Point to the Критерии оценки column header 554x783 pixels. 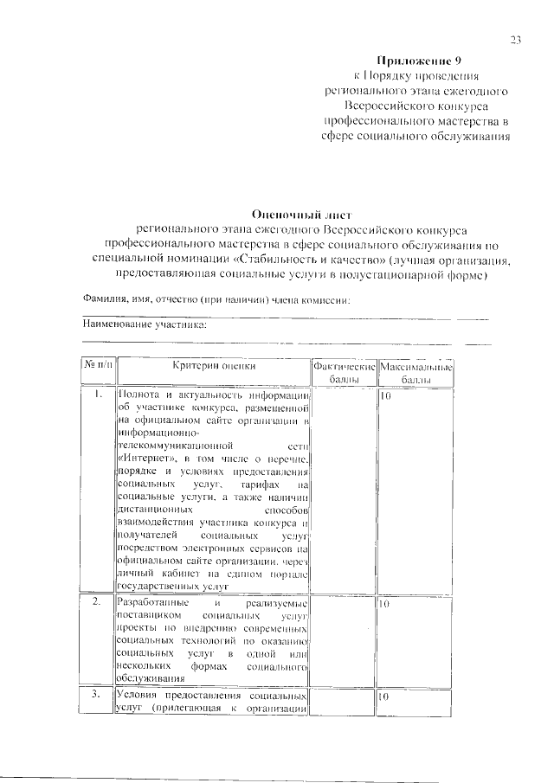tap(213, 367)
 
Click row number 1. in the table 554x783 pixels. tap(98, 395)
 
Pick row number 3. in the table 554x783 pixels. tap(98, 696)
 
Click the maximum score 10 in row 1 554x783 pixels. tap(387, 395)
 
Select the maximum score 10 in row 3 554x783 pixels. tap(387, 696)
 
